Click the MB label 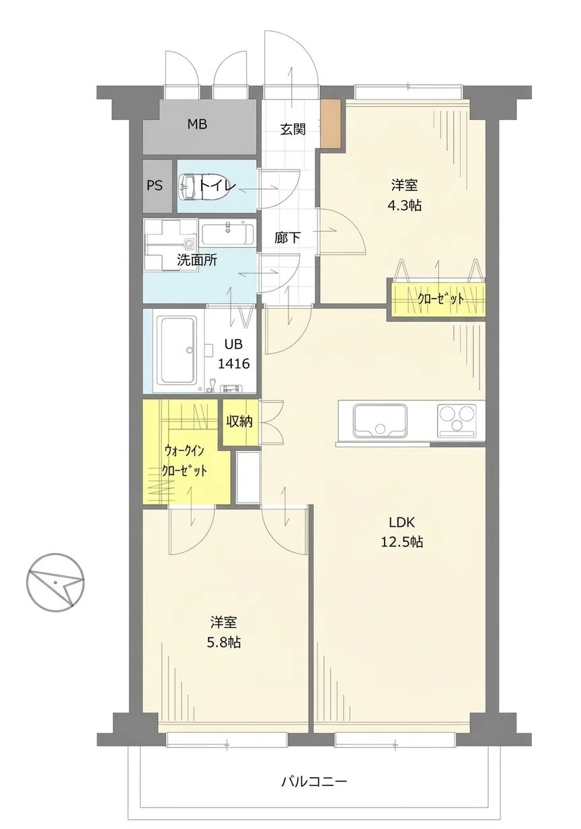pos(197,124)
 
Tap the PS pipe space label pos(155,185)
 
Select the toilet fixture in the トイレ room pos(204,187)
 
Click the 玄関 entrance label pos(293,129)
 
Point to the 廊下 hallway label pos(287,238)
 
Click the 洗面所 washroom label pos(197,260)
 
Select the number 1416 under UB pos(234,364)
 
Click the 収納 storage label pos(239,421)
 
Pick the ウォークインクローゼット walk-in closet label pos(184,461)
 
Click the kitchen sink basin pos(380,421)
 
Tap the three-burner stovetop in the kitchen pos(457,420)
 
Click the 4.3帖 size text pos(405,205)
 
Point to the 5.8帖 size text pos(224,642)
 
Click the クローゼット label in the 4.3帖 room pos(440,299)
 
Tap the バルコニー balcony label pos(314,780)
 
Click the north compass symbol pos(55,583)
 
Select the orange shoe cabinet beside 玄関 pos(330,123)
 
